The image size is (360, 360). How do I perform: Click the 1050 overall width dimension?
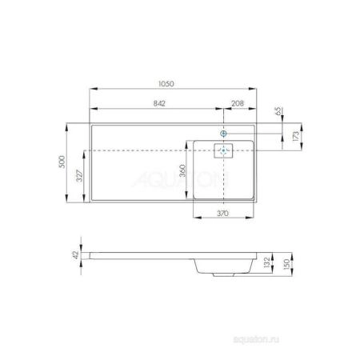point(166,82)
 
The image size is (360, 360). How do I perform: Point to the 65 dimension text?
point(277,114)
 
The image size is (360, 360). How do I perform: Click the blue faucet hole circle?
point(225,133)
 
